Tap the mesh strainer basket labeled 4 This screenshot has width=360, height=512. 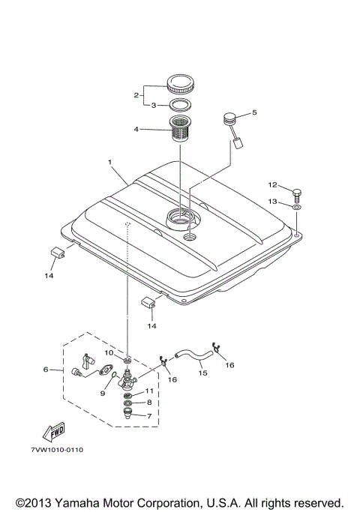(180, 128)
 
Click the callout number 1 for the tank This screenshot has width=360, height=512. (109, 162)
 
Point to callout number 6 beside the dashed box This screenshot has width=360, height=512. (46, 369)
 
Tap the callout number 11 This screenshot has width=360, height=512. (149, 391)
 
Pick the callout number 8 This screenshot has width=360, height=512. (149, 403)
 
